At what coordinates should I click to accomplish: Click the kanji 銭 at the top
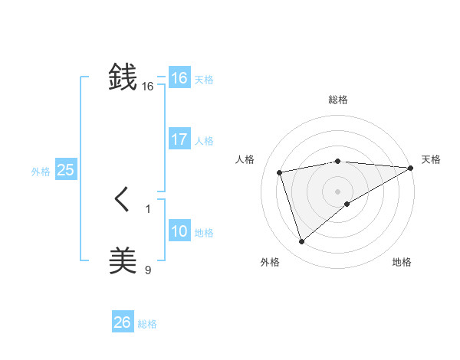(x=123, y=77)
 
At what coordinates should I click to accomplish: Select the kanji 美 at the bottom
(x=123, y=260)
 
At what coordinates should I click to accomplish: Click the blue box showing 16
(x=179, y=78)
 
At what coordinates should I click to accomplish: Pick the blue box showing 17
(x=179, y=139)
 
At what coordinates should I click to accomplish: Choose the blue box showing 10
(x=179, y=231)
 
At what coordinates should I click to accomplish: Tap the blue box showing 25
(x=65, y=170)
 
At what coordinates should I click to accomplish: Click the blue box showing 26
(x=122, y=322)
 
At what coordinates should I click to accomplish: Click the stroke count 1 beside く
(x=148, y=208)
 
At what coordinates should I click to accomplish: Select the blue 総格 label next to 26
(x=147, y=324)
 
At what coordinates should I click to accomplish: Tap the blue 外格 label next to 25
(x=41, y=172)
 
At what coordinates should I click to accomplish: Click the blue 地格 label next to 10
(x=204, y=233)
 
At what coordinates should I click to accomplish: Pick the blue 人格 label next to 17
(x=204, y=141)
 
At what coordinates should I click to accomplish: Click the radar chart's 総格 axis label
(x=338, y=100)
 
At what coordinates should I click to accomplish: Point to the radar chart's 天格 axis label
(x=431, y=159)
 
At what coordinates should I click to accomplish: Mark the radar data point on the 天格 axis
(x=411, y=168)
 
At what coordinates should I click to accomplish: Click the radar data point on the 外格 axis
(x=301, y=242)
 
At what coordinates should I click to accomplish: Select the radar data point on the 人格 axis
(x=281, y=172)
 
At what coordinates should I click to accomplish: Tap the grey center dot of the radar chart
(x=338, y=191)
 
